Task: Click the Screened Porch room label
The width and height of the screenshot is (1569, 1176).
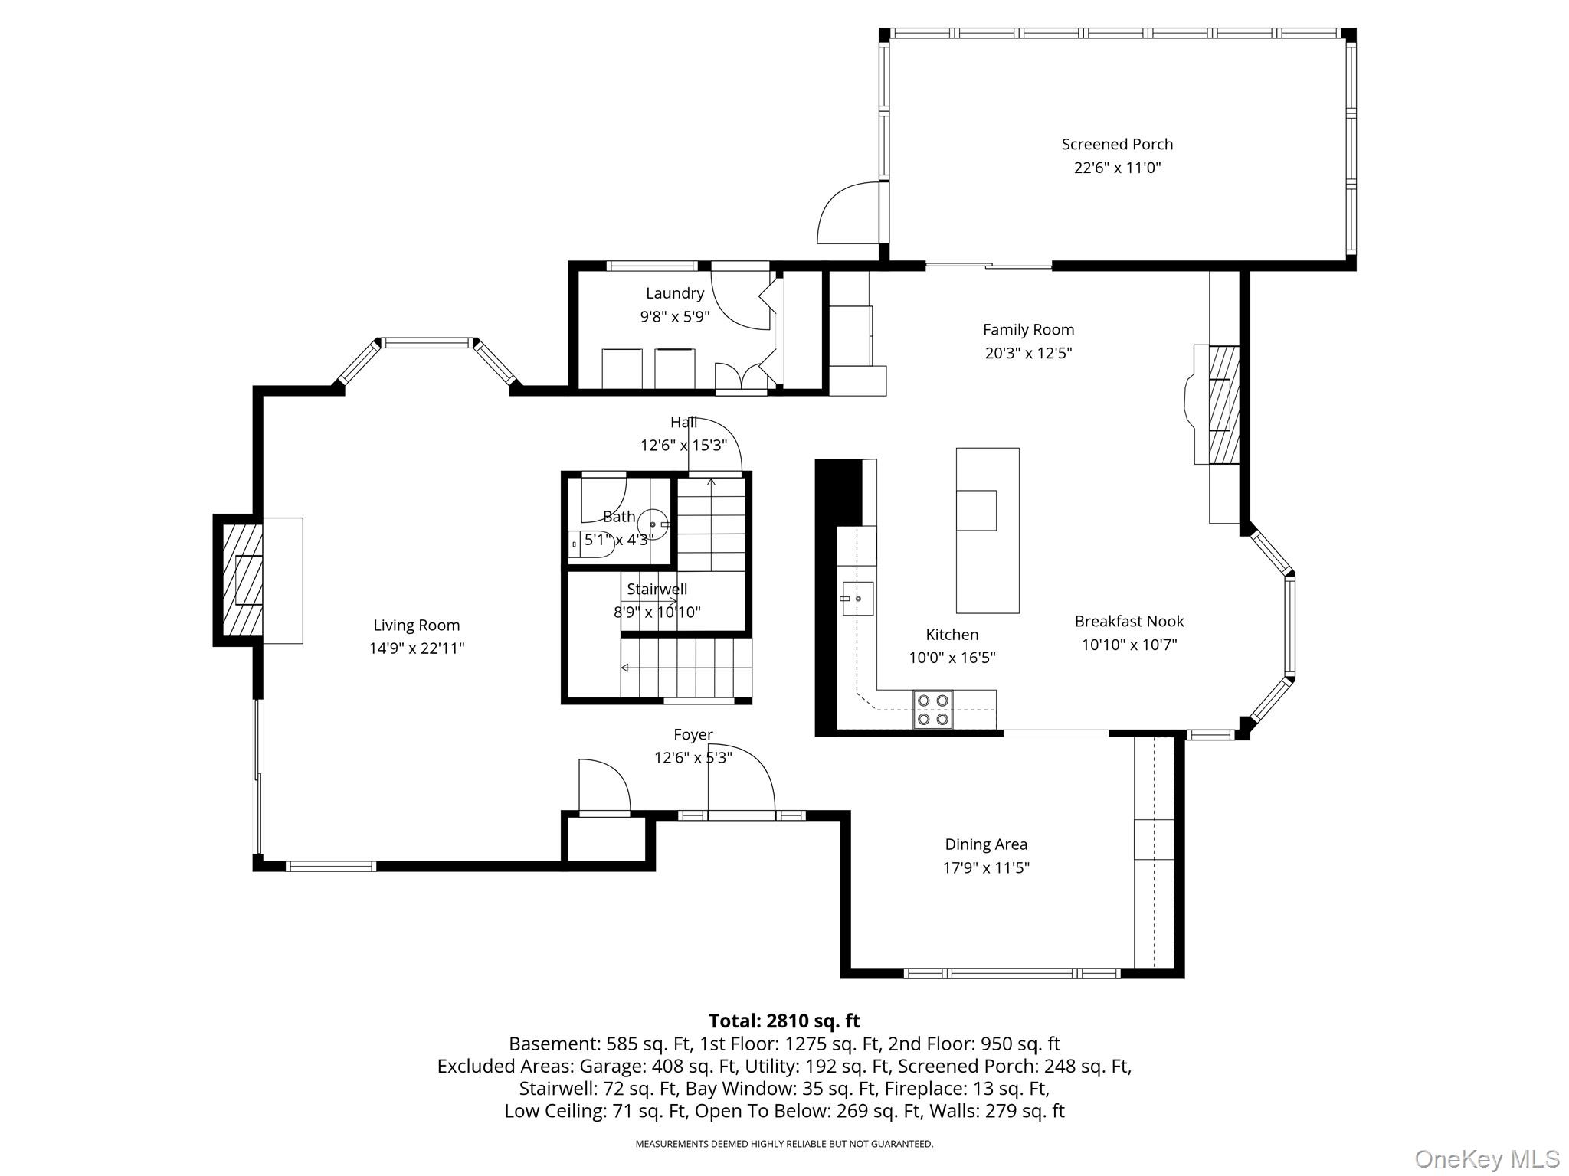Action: point(1117,144)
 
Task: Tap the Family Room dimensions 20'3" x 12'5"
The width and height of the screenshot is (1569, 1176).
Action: point(1028,353)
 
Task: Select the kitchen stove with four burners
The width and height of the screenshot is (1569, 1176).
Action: point(932,710)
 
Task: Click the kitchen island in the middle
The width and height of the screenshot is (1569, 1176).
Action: point(988,531)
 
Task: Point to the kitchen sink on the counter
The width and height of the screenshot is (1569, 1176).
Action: point(857,599)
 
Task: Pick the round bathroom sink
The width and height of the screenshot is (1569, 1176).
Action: point(653,524)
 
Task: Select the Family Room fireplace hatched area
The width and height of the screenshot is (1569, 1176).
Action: point(1223,405)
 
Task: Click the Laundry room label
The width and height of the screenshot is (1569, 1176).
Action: point(675,293)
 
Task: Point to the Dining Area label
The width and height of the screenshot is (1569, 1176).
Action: point(986,844)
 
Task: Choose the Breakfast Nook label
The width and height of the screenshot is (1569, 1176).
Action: point(1129,621)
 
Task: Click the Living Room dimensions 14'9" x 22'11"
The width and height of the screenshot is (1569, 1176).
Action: point(417,648)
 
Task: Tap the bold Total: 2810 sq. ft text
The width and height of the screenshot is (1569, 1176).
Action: point(784,1021)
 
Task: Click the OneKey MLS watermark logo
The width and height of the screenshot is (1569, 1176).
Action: point(1486,1158)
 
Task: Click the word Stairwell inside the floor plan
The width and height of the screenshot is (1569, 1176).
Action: point(657,590)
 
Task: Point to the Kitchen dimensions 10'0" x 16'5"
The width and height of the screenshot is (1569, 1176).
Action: point(952,658)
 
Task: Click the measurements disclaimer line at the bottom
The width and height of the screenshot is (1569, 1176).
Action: point(784,1144)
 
